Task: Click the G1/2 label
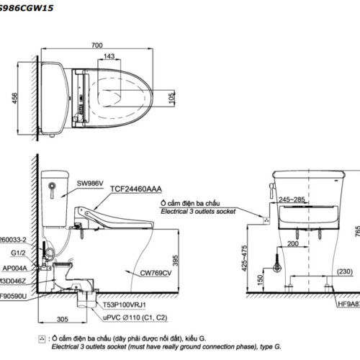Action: click(x=20, y=253)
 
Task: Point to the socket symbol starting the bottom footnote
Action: click(x=41, y=337)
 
